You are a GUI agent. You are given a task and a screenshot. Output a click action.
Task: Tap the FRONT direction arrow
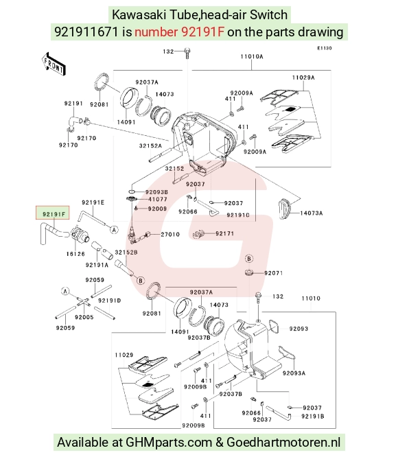[x=54, y=65]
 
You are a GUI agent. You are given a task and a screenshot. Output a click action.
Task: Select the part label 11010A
[x=252, y=56]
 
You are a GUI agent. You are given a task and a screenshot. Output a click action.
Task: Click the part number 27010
[x=170, y=234]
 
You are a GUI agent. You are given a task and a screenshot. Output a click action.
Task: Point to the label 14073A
[x=312, y=213]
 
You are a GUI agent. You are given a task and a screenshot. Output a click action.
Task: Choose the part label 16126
[x=75, y=254]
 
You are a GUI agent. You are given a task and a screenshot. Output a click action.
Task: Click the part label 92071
[x=274, y=273]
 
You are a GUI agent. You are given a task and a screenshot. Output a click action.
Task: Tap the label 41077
[x=158, y=200]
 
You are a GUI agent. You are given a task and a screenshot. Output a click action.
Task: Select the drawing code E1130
[x=325, y=48]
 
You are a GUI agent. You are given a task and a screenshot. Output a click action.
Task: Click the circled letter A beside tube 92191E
[x=114, y=230]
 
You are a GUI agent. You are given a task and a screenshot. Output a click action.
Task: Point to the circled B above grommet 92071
[x=249, y=259]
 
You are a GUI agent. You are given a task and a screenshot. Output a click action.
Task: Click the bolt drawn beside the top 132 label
[x=187, y=54]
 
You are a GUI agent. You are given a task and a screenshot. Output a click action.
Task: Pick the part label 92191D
[x=110, y=301]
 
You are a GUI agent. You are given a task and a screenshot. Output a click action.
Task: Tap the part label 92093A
[x=294, y=373]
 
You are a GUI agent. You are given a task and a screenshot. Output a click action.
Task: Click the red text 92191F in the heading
[x=180, y=32]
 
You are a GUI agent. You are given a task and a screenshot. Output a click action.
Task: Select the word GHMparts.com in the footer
[x=168, y=443]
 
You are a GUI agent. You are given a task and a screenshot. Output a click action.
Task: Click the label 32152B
[x=126, y=253]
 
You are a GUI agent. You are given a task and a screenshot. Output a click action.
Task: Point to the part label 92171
[x=224, y=233]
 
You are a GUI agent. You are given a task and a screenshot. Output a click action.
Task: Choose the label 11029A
[x=303, y=78]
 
